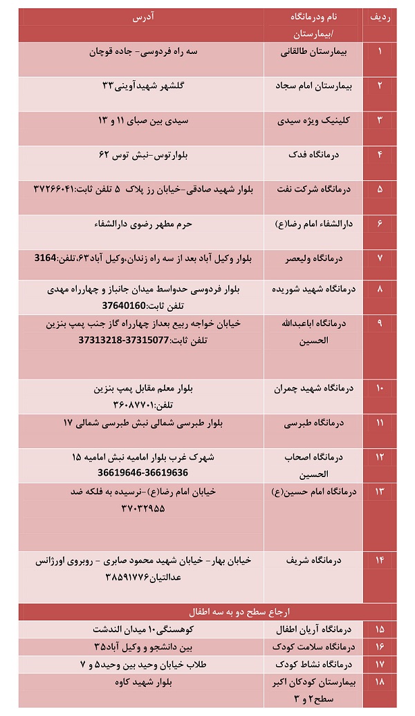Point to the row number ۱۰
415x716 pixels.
coord(379,388)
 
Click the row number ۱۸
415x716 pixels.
coord(379,682)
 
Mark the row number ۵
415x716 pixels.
coord(379,188)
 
